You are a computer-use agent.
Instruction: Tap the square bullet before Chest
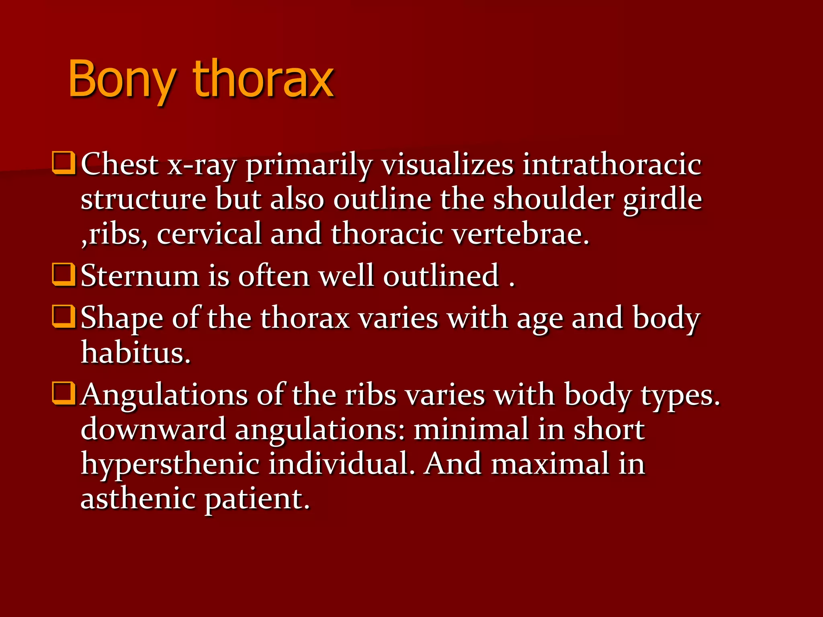point(63,163)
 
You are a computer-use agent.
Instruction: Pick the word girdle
point(662,200)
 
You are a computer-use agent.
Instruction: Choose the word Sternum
point(140,276)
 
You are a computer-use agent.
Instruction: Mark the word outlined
point(441,276)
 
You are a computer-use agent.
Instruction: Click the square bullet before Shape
point(63,316)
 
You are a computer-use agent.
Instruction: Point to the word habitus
point(135,352)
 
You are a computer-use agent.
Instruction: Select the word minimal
point(471,429)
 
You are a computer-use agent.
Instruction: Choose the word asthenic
point(138,498)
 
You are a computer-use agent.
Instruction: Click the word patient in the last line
point(257,499)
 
